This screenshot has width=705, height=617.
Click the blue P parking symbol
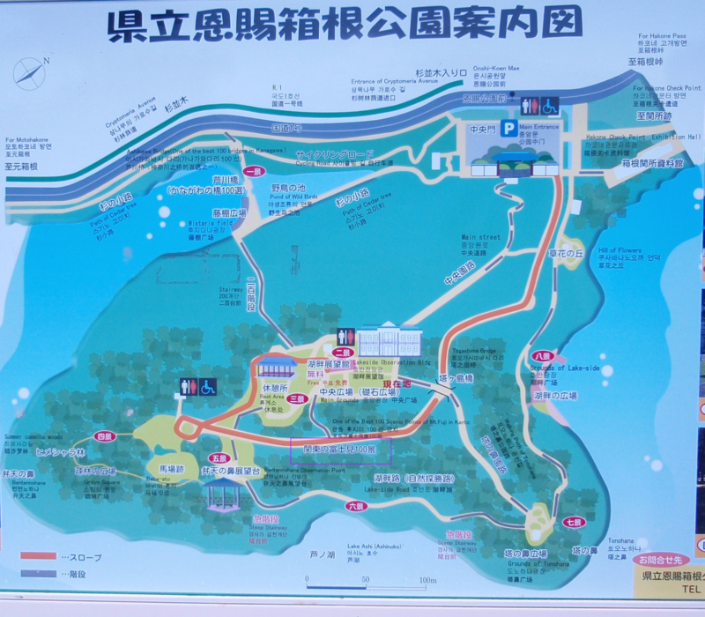click(508, 129)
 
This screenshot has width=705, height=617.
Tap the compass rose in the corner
click(30, 73)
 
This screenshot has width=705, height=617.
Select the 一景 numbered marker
click(255, 172)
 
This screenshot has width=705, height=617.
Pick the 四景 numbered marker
click(106, 435)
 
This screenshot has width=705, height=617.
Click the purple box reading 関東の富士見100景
click(341, 450)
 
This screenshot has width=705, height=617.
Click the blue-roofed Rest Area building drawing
click(276, 367)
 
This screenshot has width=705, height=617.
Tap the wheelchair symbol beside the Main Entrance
click(549, 107)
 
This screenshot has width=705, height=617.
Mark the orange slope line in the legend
click(39, 557)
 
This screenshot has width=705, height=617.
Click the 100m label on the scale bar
click(427, 579)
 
